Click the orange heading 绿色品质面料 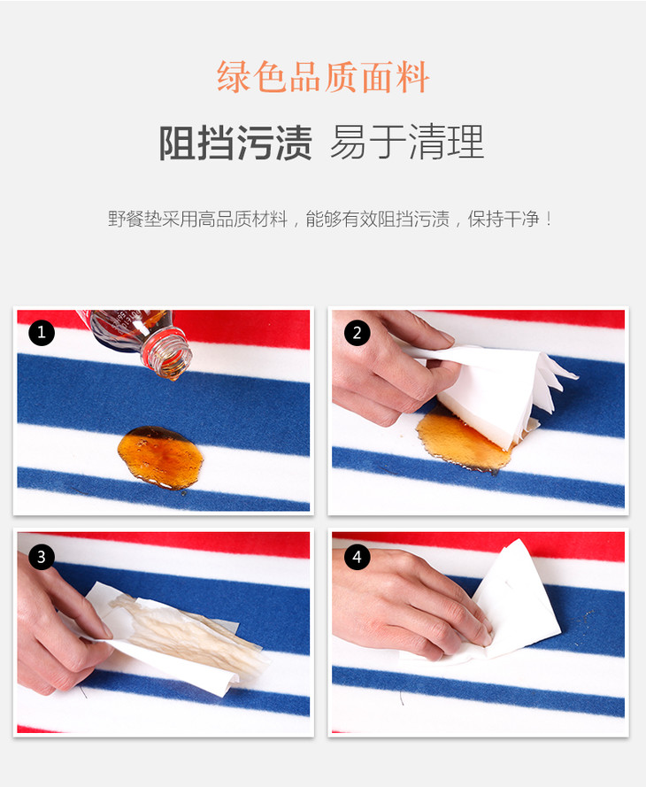tap(322, 77)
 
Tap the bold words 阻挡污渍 tap(235, 143)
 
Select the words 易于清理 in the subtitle tap(407, 143)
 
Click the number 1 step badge tap(41, 332)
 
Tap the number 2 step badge tap(357, 333)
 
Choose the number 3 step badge tap(41, 557)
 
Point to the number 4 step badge tap(357, 557)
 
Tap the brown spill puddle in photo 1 tap(160, 458)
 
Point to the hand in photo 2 tap(388, 366)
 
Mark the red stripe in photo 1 tap(241, 328)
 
